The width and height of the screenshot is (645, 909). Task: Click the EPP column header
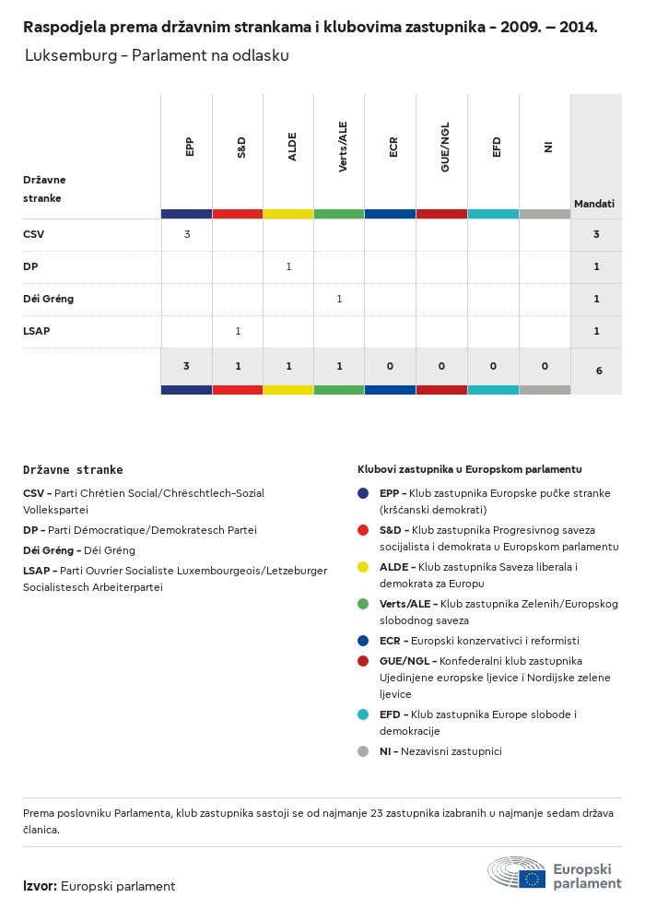tap(189, 147)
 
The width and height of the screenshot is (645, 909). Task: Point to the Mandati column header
tap(594, 204)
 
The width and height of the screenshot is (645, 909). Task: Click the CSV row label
tap(33, 234)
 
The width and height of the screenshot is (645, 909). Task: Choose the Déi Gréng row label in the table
tap(48, 299)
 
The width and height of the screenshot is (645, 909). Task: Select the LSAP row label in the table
tap(37, 331)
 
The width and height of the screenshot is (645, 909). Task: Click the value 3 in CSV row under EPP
tap(187, 234)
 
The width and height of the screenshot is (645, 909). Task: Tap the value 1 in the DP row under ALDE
tap(288, 266)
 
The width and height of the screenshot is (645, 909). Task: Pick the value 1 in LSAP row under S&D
tap(238, 331)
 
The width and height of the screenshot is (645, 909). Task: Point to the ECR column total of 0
tap(391, 366)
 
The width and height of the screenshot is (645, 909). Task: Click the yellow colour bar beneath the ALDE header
tap(288, 214)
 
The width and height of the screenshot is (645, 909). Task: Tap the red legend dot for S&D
tap(364, 530)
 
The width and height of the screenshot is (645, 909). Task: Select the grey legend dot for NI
tap(364, 751)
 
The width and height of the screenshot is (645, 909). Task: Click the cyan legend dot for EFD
tap(364, 714)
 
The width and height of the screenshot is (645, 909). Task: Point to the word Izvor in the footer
tap(40, 886)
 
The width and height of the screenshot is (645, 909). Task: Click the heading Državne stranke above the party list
tap(73, 469)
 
